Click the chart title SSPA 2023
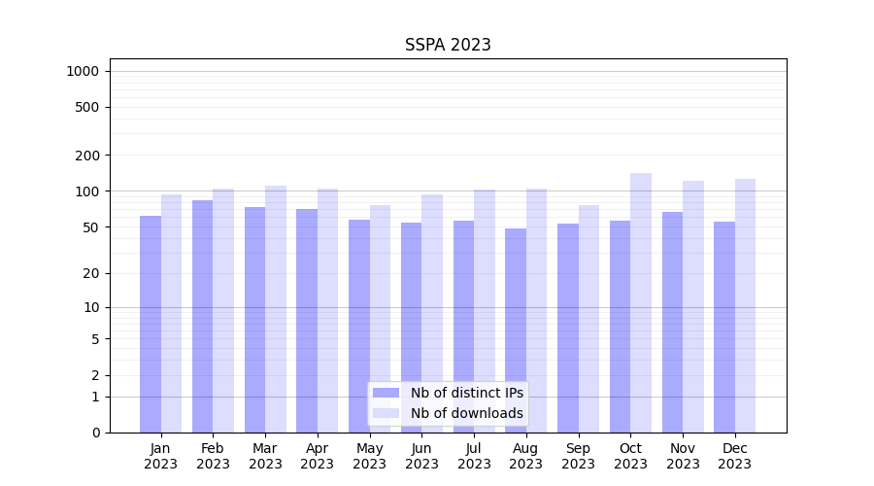(x=448, y=45)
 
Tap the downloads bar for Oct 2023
(x=641, y=302)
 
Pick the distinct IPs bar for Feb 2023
(x=202, y=316)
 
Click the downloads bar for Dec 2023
(x=745, y=305)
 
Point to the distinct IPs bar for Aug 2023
(x=516, y=330)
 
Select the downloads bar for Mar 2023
(x=276, y=309)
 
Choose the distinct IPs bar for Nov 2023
(x=672, y=322)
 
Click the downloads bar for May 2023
(x=380, y=319)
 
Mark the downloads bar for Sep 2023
(x=588, y=319)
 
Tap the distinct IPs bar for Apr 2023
(x=307, y=321)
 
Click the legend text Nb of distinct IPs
(x=466, y=393)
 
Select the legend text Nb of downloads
(x=466, y=413)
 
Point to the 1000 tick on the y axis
(x=83, y=71)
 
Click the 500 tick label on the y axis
(x=88, y=107)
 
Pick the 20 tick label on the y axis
(x=91, y=273)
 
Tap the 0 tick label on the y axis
(x=95, y=433)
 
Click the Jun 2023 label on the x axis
(x=421, y=456)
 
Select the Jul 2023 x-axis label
(x=474, y=456)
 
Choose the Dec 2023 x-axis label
(x=734, y=456)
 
